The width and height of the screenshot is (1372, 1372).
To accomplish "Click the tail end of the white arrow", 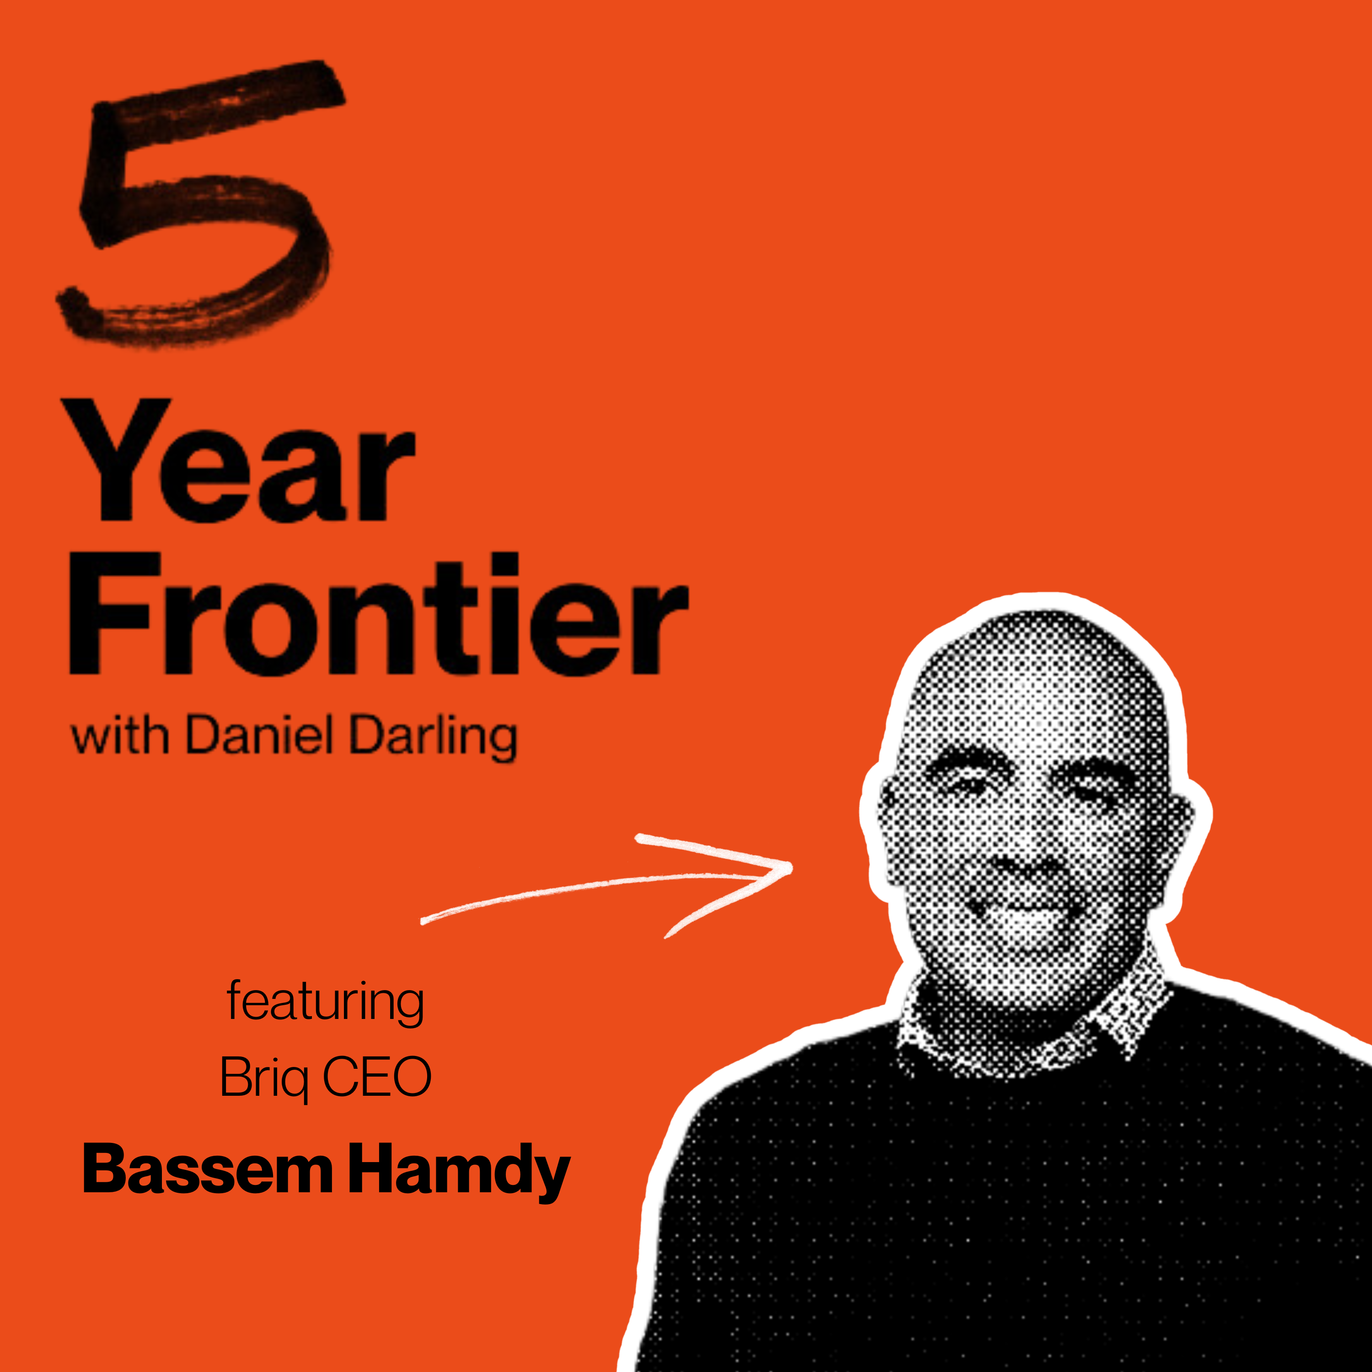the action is [423, 922].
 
